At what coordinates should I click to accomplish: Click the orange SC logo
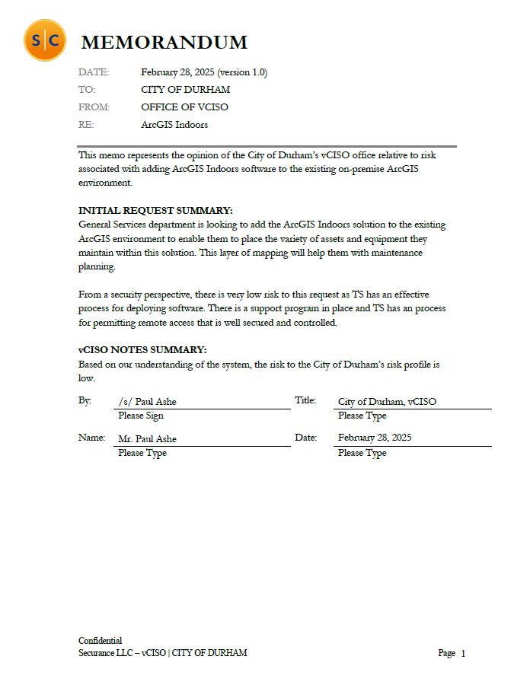44,40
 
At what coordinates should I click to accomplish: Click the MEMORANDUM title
164,42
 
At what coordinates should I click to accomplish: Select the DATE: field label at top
94,72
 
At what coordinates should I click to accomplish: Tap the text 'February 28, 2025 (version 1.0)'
203,72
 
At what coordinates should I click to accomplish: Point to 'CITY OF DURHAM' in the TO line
185,90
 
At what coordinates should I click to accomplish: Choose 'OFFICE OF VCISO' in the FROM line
184,107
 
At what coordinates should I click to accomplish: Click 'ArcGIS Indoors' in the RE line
174,125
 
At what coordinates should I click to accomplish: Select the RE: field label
86,125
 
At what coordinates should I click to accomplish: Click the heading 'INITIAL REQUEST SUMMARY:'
155,210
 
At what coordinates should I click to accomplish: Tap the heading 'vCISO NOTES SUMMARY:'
142,350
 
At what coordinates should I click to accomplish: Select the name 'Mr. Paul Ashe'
147,439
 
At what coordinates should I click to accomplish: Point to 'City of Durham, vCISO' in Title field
387,402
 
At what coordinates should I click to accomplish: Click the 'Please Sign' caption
140,416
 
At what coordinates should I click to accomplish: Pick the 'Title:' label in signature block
305,400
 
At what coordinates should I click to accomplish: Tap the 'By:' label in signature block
85,400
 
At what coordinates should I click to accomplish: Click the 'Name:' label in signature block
91,438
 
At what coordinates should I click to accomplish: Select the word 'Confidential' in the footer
100,641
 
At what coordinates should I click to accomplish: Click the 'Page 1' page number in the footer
452,653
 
